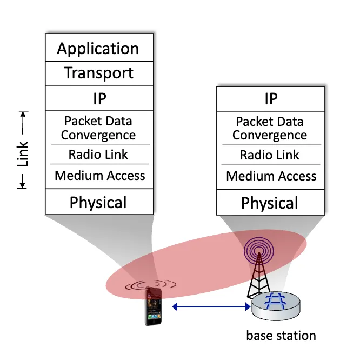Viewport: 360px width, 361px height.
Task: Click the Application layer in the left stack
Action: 98,49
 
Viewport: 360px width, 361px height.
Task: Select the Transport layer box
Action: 98,73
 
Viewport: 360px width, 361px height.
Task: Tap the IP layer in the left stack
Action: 98,98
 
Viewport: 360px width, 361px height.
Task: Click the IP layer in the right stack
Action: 270,98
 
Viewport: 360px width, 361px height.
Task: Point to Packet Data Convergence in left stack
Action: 98,128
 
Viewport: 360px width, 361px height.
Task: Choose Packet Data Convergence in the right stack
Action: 270,128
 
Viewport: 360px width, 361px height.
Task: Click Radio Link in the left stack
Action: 98,155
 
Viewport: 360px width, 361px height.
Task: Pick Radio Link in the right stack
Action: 270,155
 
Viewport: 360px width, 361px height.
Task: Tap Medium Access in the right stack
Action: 271,176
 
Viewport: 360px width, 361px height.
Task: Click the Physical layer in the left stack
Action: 98,202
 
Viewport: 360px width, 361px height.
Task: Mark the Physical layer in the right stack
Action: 270,203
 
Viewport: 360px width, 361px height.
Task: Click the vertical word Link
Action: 23,155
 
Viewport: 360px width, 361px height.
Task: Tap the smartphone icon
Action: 153,306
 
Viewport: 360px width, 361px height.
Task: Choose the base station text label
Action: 281,336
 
